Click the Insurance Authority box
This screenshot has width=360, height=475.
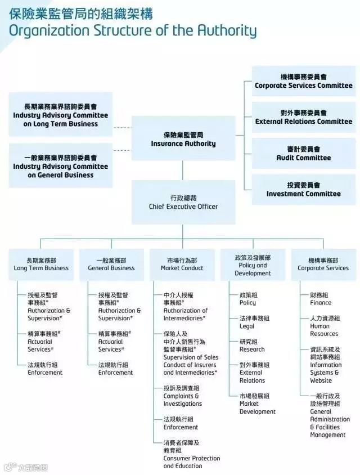pos(183,138)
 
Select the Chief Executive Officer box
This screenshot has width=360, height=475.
pos(183,202)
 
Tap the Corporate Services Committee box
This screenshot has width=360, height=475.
pos(304,81)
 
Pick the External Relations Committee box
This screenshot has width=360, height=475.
pos(304,117)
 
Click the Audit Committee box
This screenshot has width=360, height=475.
pos(304,154)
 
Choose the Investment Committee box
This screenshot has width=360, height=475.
pos(304,190)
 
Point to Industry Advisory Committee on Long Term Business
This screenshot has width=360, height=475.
pos(61,115)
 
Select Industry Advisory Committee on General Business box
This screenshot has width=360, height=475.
pos(61,166)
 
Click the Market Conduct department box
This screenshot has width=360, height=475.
pos(182,265)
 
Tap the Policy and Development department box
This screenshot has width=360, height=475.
pos(253,265)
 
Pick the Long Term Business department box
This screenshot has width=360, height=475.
pos(41,265)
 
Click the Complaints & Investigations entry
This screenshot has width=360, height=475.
pos(183,396)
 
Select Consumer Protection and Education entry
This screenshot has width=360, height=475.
pos(191,454)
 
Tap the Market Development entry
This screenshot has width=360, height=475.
pos(257,404)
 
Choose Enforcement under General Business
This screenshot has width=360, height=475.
pos(115,369)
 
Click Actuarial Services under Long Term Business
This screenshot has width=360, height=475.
pos(42,342)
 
